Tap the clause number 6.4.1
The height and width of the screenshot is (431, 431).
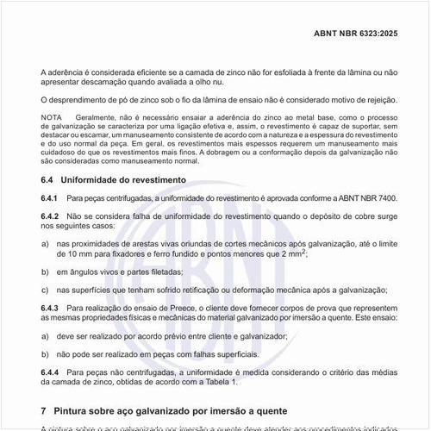click(x=49, y=198)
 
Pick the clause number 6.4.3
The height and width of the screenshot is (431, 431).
click(x=49, y=308)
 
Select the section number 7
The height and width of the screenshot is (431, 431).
click(x=44, y=410)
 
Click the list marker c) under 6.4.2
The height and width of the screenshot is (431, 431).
click(x=45, y=290)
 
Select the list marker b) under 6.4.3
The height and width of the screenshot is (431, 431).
click(x=45, y=353)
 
